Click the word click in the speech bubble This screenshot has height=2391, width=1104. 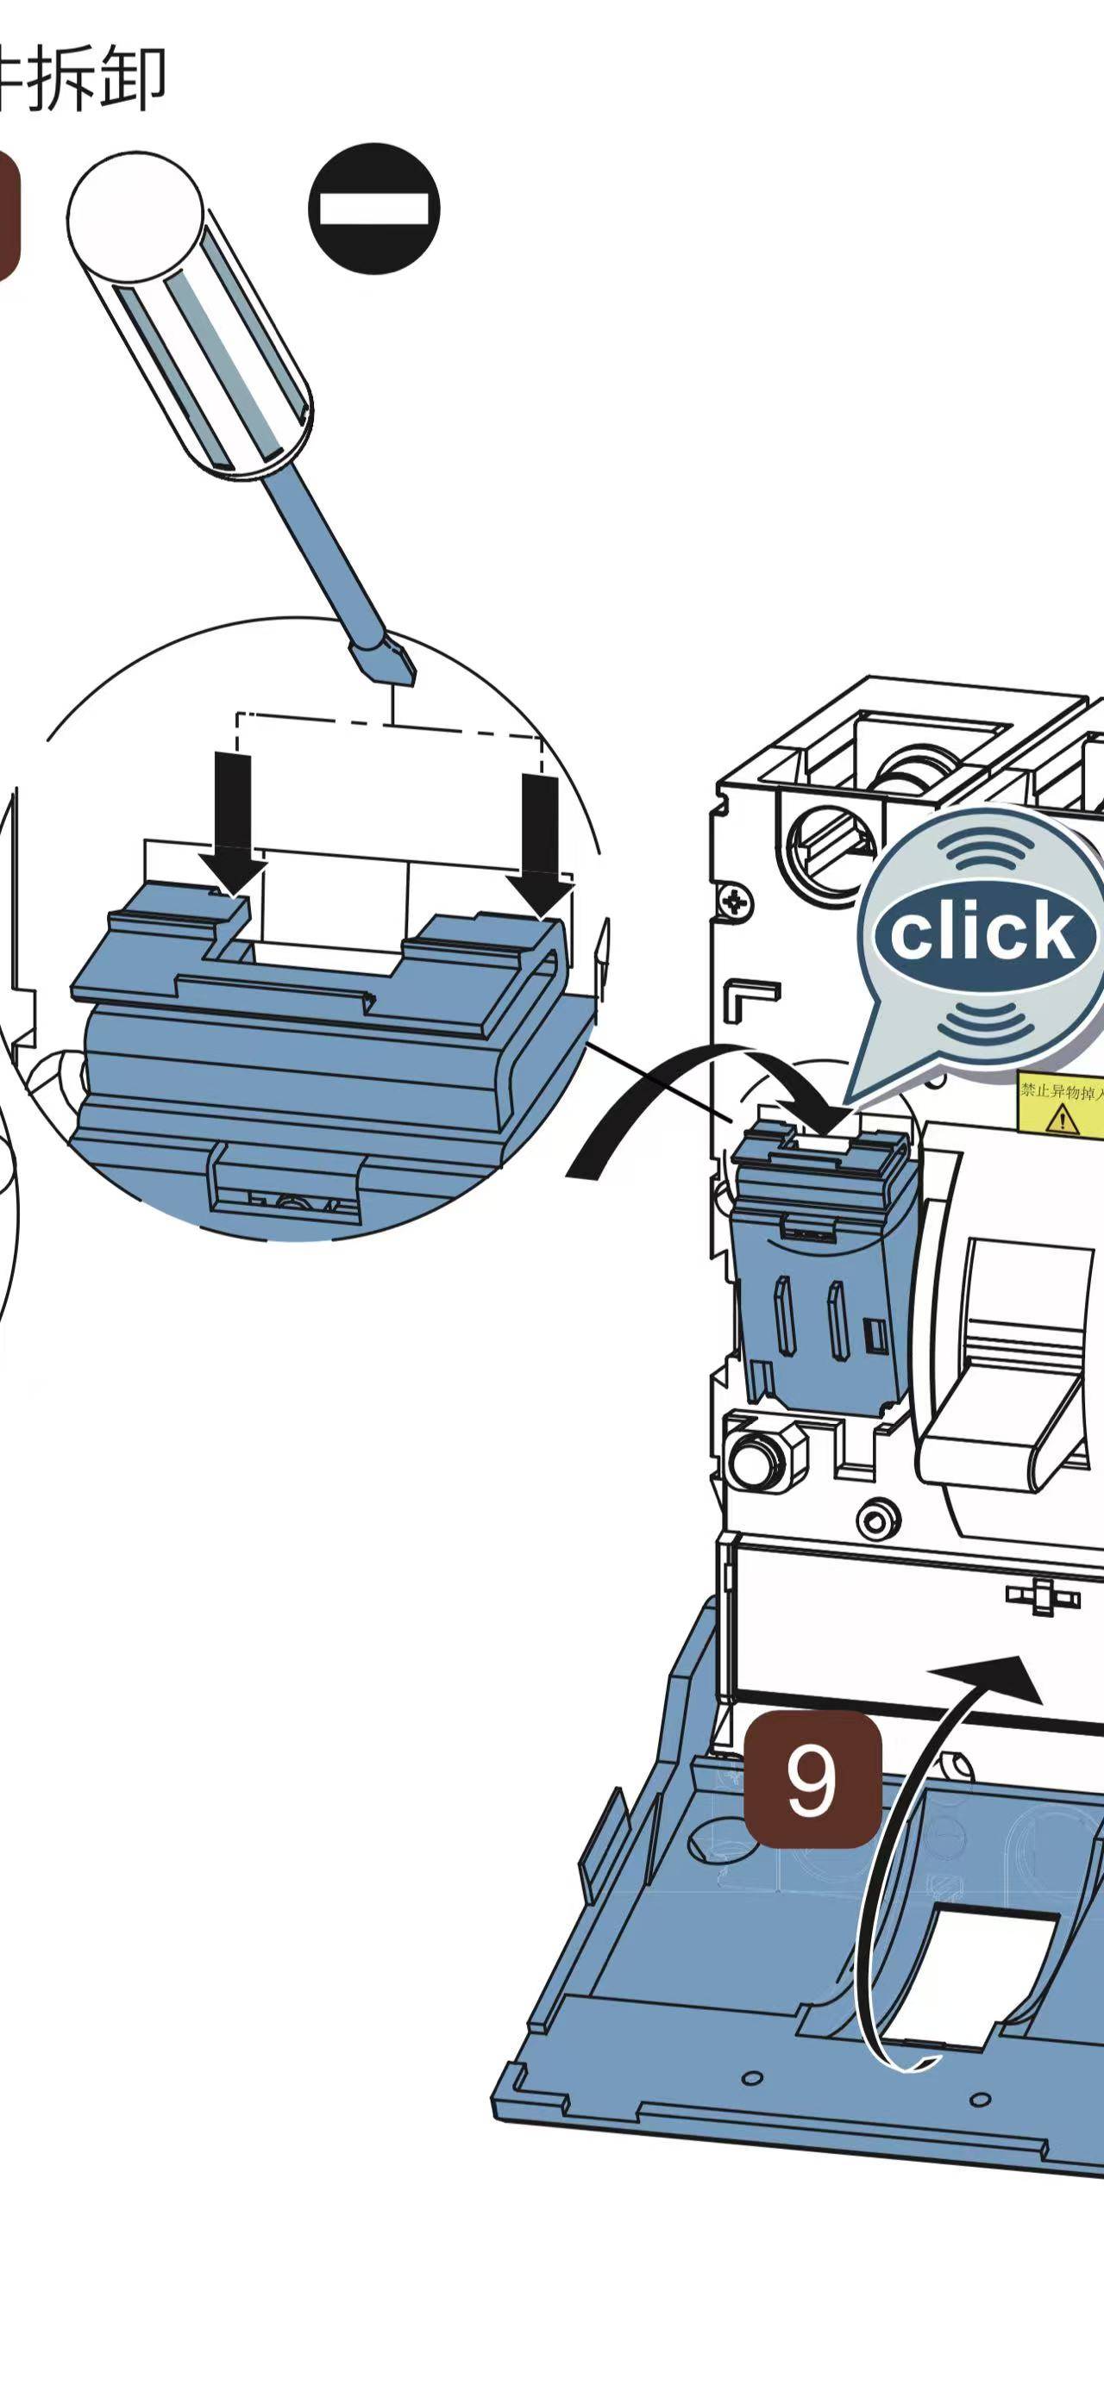coord(982,932)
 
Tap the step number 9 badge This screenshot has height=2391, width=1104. coord(812,1780)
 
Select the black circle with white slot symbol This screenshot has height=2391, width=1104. coord(374,209)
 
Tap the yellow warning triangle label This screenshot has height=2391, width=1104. coord(1061,1119)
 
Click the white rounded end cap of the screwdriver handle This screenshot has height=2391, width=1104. coord(135,219)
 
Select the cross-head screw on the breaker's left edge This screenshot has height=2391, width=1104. coord(736,901)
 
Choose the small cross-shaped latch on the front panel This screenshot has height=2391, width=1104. coord(1043,1596)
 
